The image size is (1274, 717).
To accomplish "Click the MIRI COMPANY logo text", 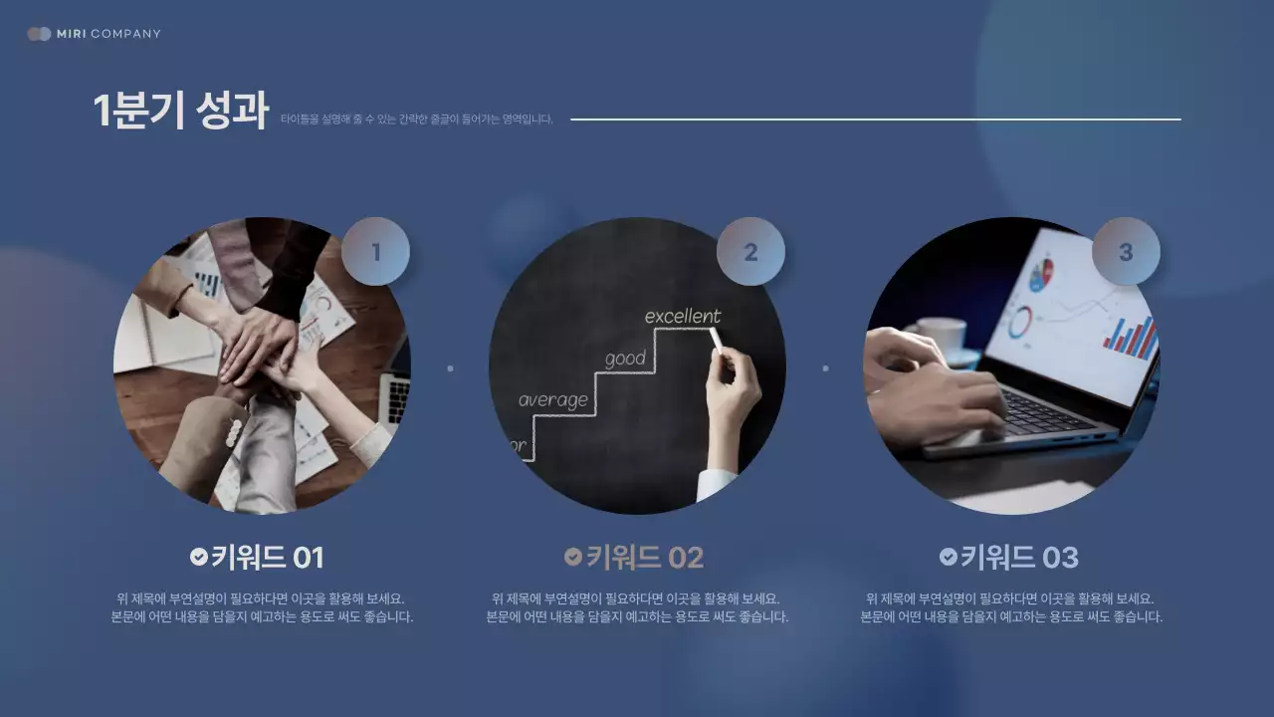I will [107, 34].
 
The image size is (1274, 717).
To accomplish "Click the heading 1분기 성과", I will [180, 111].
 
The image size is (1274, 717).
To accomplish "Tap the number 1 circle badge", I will [375, 252].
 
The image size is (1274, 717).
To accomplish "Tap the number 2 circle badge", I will [750, 252].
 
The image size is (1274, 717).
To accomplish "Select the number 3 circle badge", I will [1126, 252].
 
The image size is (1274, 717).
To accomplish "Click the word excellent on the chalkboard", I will [683, 317].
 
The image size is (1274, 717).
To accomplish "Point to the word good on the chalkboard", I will [625, 358].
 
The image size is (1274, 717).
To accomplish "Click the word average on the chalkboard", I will [552, 400].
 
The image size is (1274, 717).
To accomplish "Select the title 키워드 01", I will [267, 558].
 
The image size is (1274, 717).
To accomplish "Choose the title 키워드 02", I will [644, 558].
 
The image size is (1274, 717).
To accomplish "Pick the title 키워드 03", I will [1019, 558].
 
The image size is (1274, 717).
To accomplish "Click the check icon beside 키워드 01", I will [199, 557].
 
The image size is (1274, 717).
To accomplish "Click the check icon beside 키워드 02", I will [573, 557].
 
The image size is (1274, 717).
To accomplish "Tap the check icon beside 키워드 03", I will [949, 557].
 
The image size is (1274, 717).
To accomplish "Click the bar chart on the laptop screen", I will [1130, 338].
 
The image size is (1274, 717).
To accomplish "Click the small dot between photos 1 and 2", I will [450, 368].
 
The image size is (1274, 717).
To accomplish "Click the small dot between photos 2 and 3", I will [825, 368].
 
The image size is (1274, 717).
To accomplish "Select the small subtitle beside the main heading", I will [416, 119].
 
